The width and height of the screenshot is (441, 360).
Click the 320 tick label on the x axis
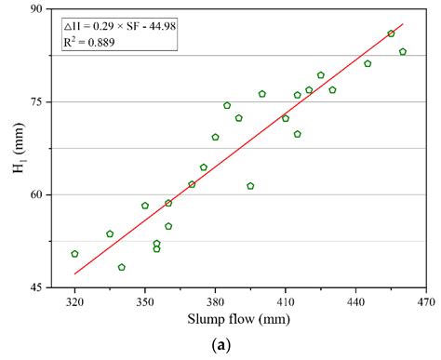pyautogui.click(x=74, y=303)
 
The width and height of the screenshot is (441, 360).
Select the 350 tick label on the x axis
pyautogui.click(x=145, y=303)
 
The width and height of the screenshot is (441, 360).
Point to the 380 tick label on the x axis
pyautogui.click(x=215, y=303)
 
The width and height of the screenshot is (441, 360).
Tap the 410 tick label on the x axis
pyautogui.click(x=286, y=303)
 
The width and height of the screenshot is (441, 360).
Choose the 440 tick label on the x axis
pyautogui.click(x=355, y=303)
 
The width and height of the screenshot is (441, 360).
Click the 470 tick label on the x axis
pyautogui.click(x=426, y=303)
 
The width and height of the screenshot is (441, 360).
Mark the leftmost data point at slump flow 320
pyautogui.click(x=74, y=254)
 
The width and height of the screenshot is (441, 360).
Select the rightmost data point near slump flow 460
pyautogui.click(x=403, y=52)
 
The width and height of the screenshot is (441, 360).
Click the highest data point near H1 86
pyautogui.click(x=391, y=33)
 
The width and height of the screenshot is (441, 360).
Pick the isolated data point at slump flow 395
pyautogui.click(x=250, y=186)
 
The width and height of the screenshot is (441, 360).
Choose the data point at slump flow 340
pyautogui.click(x=122, y=267)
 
